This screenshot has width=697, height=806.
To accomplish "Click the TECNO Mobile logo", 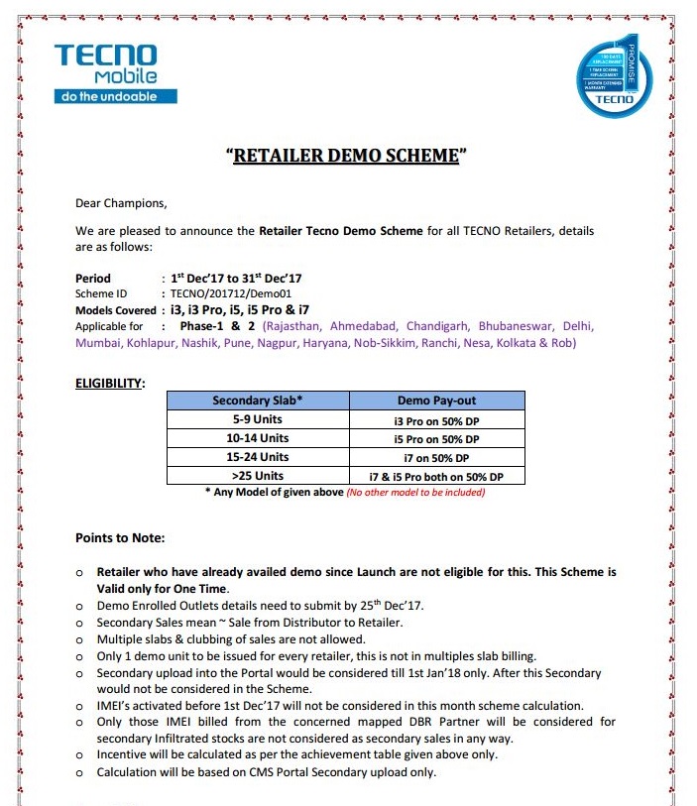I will pyautogui.click(x=116, y=72).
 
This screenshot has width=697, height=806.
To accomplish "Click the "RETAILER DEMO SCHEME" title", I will pyautogui.click(x=346, y=157).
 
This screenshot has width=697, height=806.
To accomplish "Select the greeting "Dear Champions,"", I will pyautogui.click(x=121, y=203).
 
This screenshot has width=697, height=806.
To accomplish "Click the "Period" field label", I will pyautogui.click(x=93, y=279).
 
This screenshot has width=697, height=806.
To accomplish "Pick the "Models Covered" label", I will pyautogui.click(x=115, y=310).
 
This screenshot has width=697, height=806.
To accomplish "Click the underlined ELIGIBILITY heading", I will pyautogui.click(x=110, y=383).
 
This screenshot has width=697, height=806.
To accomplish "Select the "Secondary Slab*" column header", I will pyautogui.click(x=257, y=401).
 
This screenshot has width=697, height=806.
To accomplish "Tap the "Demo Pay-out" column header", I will pyautogui.click(x=436, y=401).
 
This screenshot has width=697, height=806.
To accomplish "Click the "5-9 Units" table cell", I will pyautogui.click(x=257, y=419).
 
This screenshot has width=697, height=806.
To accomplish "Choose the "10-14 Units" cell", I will pyautogui.click(x=257, y=438).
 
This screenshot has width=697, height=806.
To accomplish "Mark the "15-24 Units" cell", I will pyautogui.click(x=257, y=457).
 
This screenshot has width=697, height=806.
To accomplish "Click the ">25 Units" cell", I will pyautogui.click(x=257, y=476).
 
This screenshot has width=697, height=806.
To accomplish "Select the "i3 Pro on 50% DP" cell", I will pyautogui.click(x=436, y=419).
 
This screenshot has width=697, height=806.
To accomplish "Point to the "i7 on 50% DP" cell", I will pyautogui.click(x=436, y=457).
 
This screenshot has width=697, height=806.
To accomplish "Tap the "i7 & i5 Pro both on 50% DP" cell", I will pyautogui.click(x=436, y=477).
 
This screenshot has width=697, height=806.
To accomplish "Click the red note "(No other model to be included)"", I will pyautogui.click(x=415, y=493).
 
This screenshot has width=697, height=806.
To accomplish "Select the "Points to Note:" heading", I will pyautogui.click(x=120, y=538).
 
